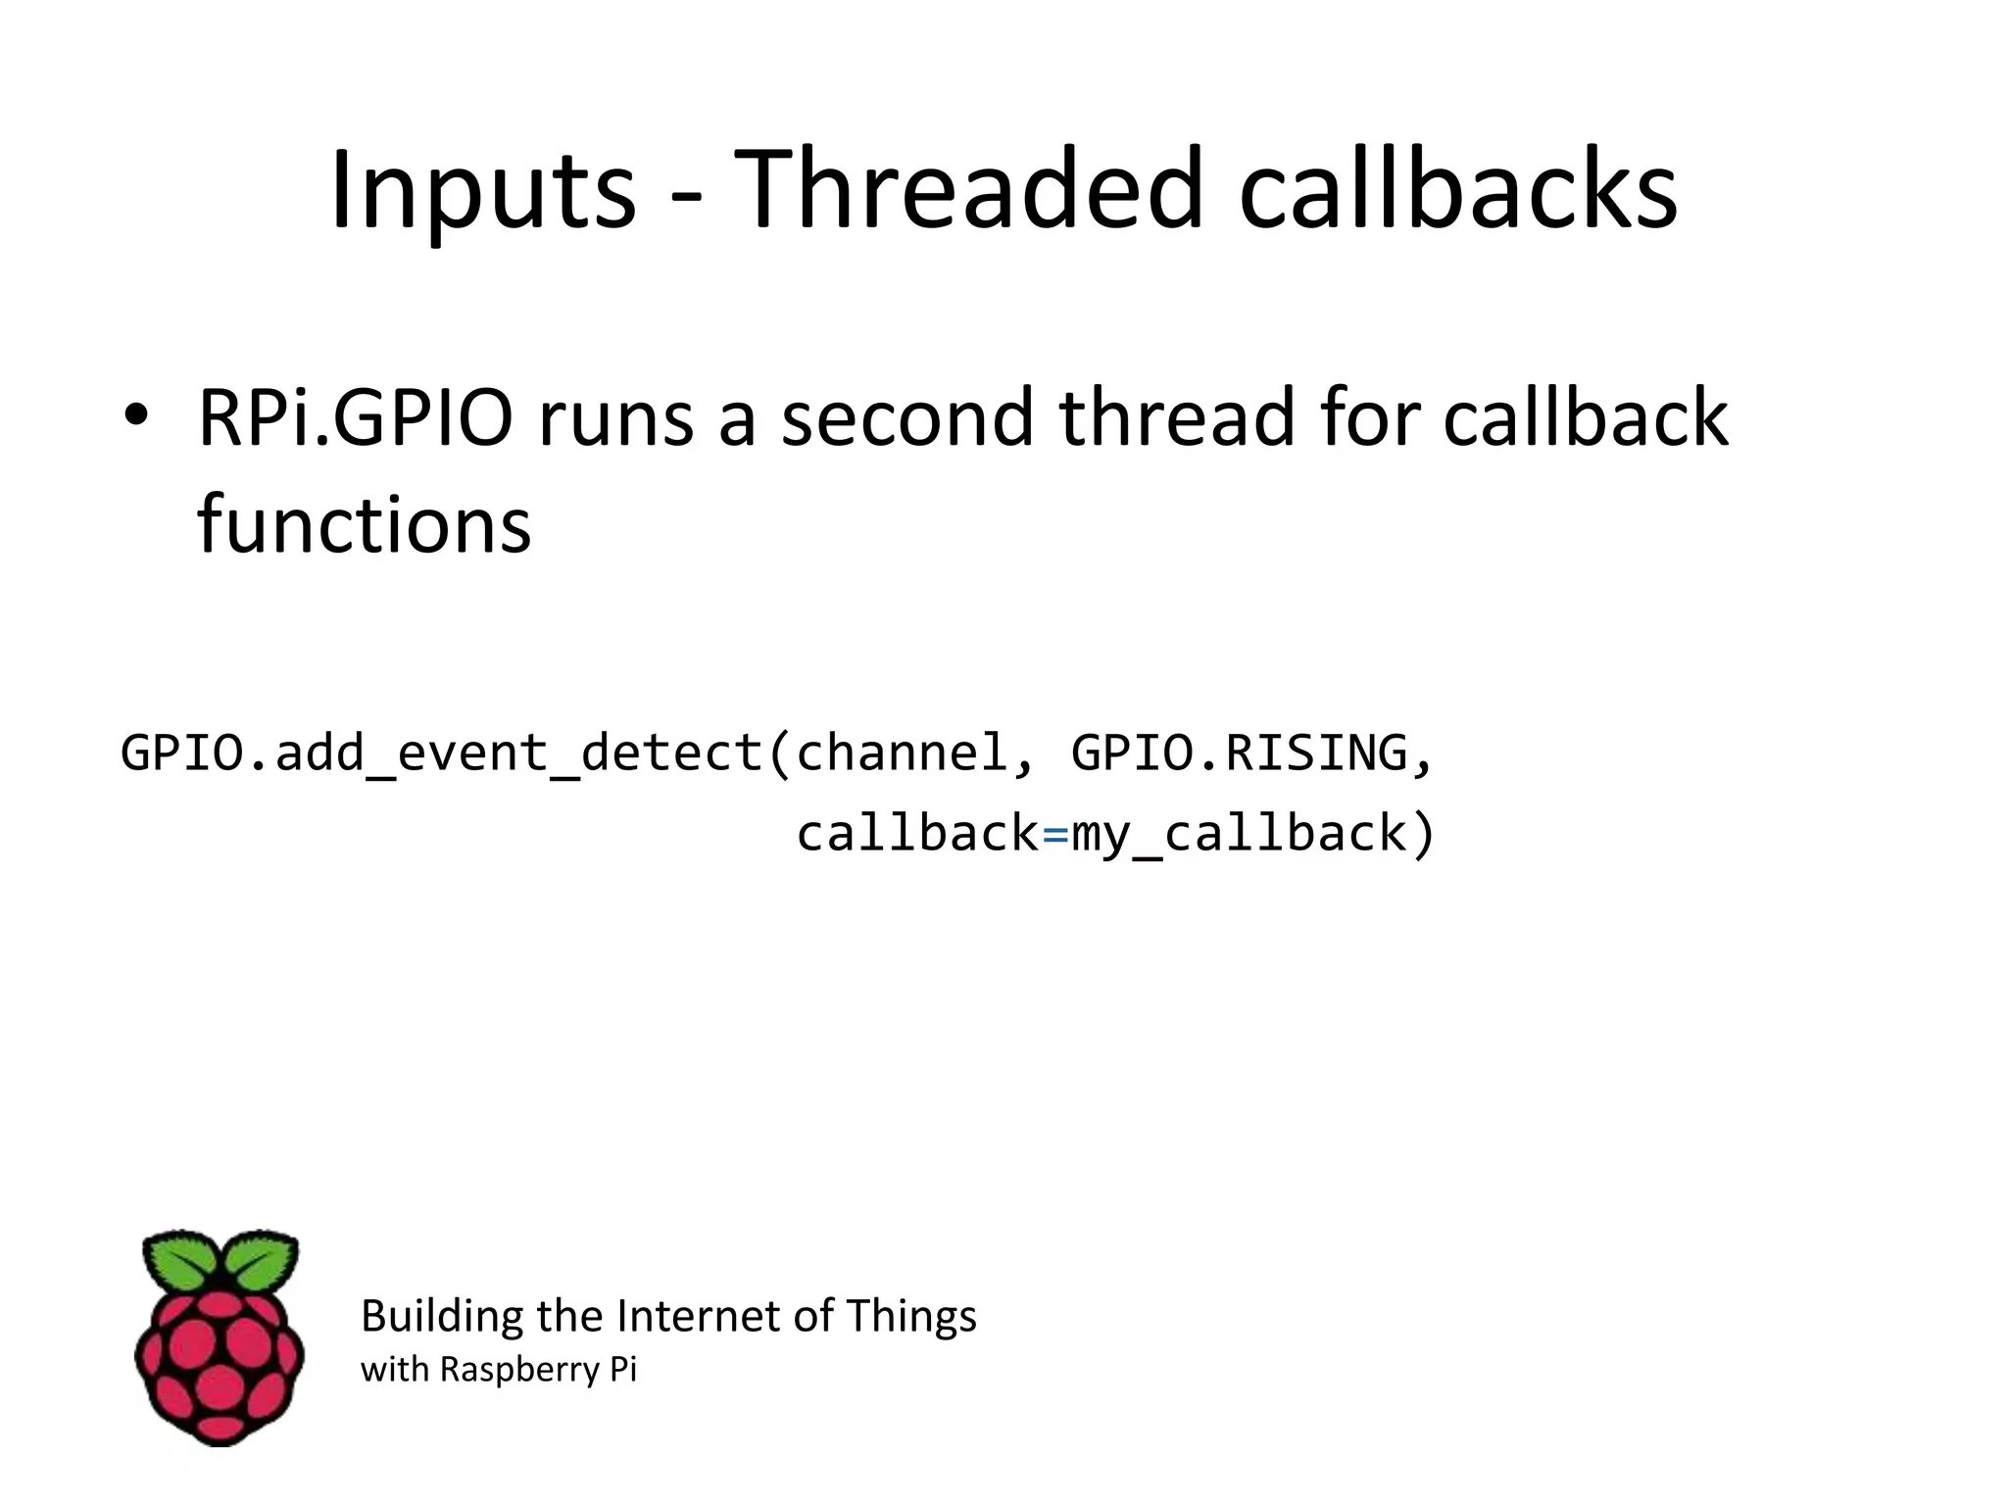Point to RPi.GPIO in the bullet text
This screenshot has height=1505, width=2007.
pos(355,418)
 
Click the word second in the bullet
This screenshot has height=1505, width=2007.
pos(907,418)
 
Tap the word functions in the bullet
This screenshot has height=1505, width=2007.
pos(364,524)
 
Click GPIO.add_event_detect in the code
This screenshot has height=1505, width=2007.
pos(441,754)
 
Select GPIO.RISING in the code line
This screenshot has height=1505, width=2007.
pos(1239,754)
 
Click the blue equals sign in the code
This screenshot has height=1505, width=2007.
pos(1054,835)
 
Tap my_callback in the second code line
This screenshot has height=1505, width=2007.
pos(1239,835)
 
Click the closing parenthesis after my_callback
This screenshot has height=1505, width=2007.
pos(1423,835)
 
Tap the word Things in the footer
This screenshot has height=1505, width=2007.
pos(911,1316)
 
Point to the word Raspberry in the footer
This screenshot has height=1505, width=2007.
pos(518,1370)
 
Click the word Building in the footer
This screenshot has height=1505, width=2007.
pos(442,1316)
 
